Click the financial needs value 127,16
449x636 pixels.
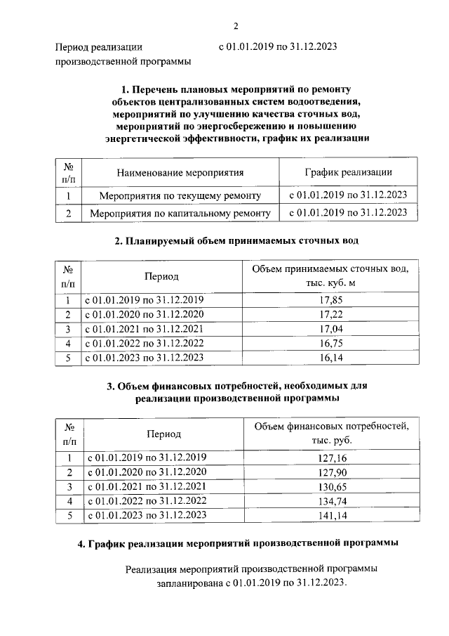(x=331, y=458)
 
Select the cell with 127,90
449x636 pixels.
(x=331, y=472)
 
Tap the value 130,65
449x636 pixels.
(x=331, y=487)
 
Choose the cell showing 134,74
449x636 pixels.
(x=331, y=501)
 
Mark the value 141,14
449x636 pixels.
(x=331, y=516)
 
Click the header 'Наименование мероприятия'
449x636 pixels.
(x=180, y=172)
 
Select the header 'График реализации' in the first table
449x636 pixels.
(x=348, y=172)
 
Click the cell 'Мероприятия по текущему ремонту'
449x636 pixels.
(x=180, y=195)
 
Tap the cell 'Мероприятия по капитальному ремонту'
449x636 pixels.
(x=180, y=212)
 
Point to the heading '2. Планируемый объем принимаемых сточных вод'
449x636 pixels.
(x=236, y=241)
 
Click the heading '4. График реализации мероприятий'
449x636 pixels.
(x=236, y=543)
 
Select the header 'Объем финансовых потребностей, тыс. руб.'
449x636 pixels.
(x=331, y=434)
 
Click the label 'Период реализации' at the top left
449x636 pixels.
(x=98, y=48)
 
